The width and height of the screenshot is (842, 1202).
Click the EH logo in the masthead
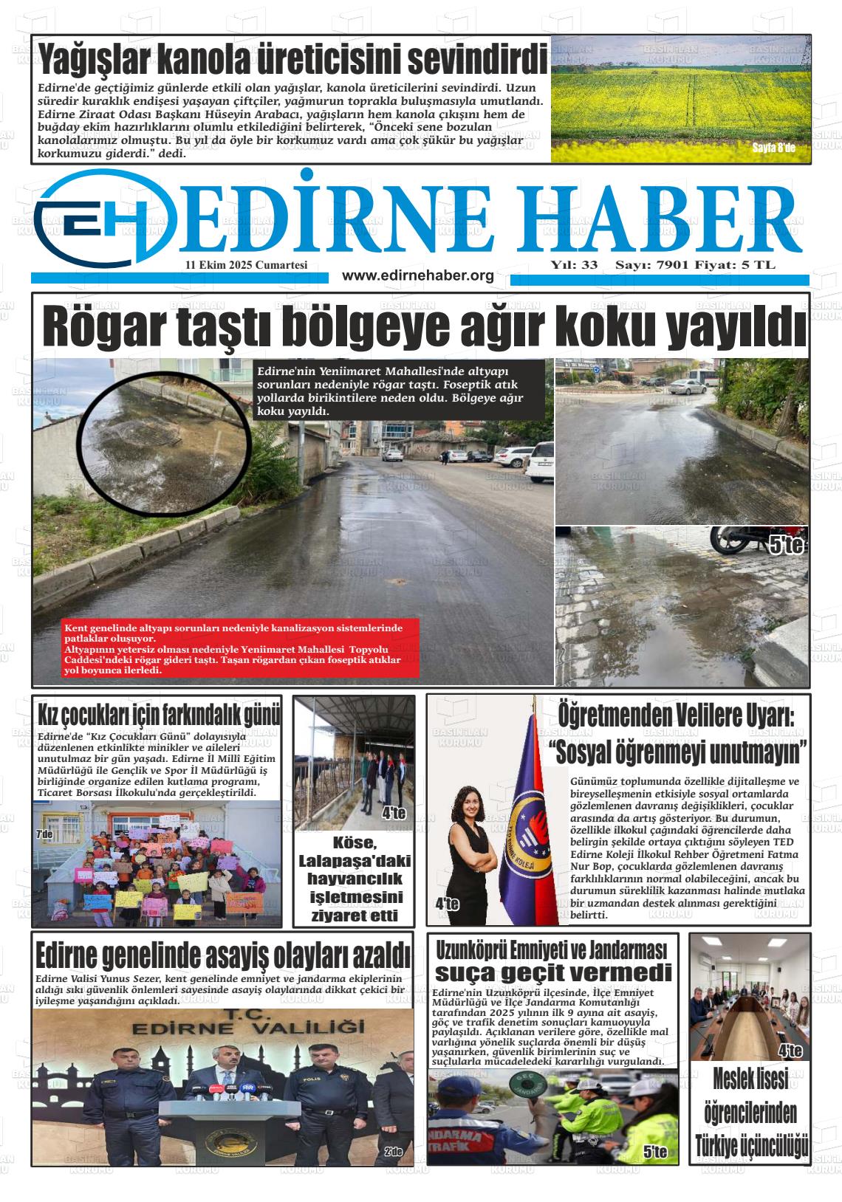coord(103,216)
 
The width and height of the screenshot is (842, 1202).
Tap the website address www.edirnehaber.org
coord(418,275)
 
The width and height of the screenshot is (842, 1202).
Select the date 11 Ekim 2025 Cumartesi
coord(247,265)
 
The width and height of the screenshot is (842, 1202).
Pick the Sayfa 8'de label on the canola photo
coord(773,148)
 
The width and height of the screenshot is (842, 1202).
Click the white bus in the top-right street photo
coord(692,385)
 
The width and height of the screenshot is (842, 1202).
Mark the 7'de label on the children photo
coord(45,834)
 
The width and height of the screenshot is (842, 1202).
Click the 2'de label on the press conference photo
coord(393,1152)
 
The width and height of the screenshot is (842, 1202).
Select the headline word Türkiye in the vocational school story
coord(724,1147)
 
